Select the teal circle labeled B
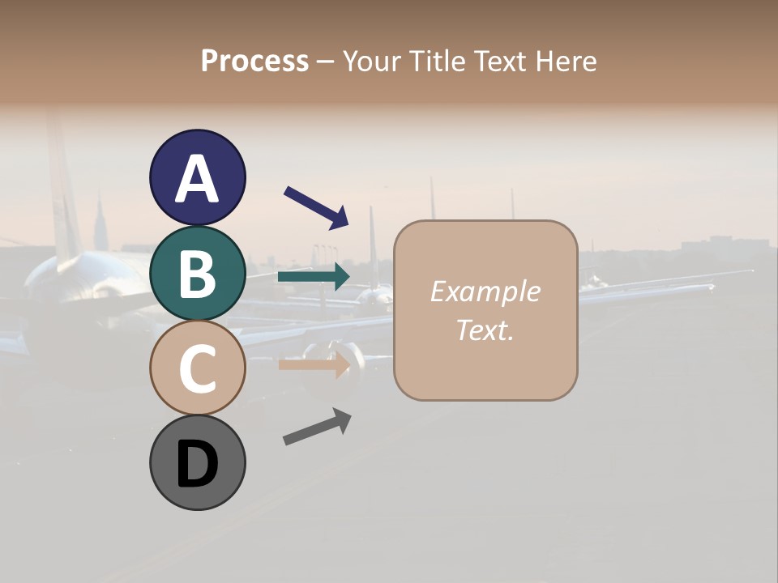(x=197, y=273)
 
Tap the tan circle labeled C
(x=197, y=368)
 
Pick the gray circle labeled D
(x=197, y=462)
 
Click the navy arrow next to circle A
(x=316, y=206)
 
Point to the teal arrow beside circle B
(x=314, y=277)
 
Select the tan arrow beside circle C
(x=314, y=364)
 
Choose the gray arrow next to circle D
(x=317, y=427)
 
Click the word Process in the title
(x=254, y=61)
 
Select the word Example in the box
(x=485, y=291)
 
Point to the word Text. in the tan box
(x=485, y=330)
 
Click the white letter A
(x=197, y=179)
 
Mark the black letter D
(x=197, y=465)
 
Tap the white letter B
(x=197, y=274)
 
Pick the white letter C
(x=197, y=369)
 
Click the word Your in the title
(x=372, y=61)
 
